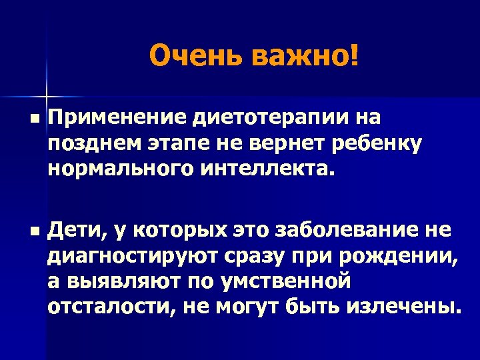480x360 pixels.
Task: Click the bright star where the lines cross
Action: (47, 91)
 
